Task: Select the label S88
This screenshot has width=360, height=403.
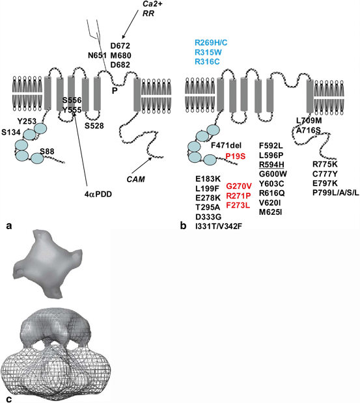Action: click(x=47, y=152)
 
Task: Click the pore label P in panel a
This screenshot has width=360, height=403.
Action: click(x=115, y=90)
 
